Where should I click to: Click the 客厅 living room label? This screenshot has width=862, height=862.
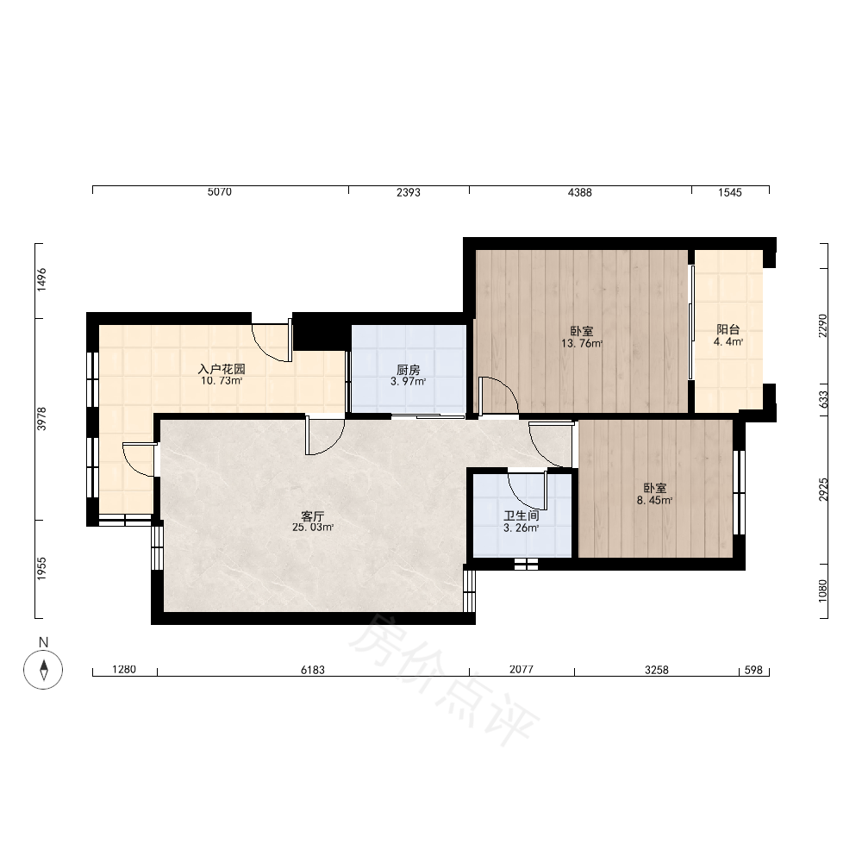(x=313, y=516)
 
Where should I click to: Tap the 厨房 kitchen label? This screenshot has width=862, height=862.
(x=409, y=370)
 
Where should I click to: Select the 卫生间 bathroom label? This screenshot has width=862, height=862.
(x=522, y=515)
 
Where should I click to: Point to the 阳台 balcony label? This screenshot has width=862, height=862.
(x=728, y=329)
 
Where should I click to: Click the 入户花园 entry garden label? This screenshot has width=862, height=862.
(x=222, y=369)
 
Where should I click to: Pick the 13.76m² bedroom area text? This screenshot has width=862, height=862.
(x=582, y=344)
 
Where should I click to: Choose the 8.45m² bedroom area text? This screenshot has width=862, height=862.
(x=655, y=500)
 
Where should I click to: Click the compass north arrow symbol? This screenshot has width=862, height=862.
(x=43, y=670)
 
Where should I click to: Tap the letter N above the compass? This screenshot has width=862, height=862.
(x=43, y=642)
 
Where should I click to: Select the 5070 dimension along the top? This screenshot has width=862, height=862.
(x=219, y=192)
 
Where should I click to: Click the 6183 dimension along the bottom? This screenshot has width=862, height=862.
(x=313, y=670)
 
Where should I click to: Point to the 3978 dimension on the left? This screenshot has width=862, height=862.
(x=41, y=419)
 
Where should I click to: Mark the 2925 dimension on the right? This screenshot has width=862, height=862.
(x=823, y=490)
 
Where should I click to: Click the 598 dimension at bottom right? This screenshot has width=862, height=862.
(x=753, y=670)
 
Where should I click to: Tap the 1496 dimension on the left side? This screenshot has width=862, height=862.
(x=41, y=280)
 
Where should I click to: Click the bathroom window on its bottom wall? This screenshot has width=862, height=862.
(x=526, y=564)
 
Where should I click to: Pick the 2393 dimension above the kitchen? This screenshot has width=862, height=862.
(x=409, y=192)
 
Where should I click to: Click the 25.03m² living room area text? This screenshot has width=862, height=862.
(x=313, y=528)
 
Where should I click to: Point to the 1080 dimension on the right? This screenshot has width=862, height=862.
(x=823, y=591)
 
